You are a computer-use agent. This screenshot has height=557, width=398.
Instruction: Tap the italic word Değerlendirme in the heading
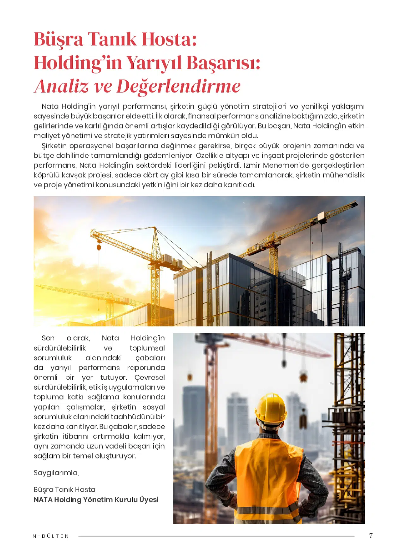(x=178, y=87)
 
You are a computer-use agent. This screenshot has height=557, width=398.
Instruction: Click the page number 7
(x=371, y=536)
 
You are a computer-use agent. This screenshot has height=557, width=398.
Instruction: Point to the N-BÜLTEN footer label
(x=51, y=536)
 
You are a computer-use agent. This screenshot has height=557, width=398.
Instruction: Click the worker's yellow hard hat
(x=271, y=407)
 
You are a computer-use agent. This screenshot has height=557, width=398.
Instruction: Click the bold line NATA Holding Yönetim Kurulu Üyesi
(x=96, y=500)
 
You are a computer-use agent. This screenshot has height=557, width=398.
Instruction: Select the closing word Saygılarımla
(x=56, y=473)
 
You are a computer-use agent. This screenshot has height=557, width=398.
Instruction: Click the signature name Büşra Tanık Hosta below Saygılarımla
(x=64, y=489)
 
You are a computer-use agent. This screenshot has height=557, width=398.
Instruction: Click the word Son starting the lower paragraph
(x=48, y=338)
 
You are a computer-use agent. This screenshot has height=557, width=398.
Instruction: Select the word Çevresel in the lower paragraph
(x=149, y=377)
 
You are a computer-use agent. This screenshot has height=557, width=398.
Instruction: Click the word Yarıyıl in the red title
(x=154, y=63)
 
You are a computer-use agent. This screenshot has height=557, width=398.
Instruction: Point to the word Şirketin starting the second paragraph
(x=54, y=146)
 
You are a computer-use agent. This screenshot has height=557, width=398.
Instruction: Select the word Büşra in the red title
(x=58, y=39)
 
